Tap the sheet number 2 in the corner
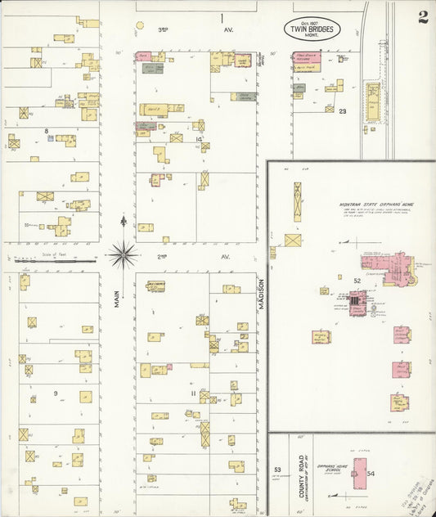click(422, 17)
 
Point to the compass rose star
click(124, 254)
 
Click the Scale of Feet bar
click(53, 262)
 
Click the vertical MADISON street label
click(263, 293)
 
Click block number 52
click(357, 281)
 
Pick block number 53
click(277, 470)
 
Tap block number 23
click(343, 110)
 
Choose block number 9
click(56, 393)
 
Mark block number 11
click(195, 393)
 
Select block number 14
click(199, 139)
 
